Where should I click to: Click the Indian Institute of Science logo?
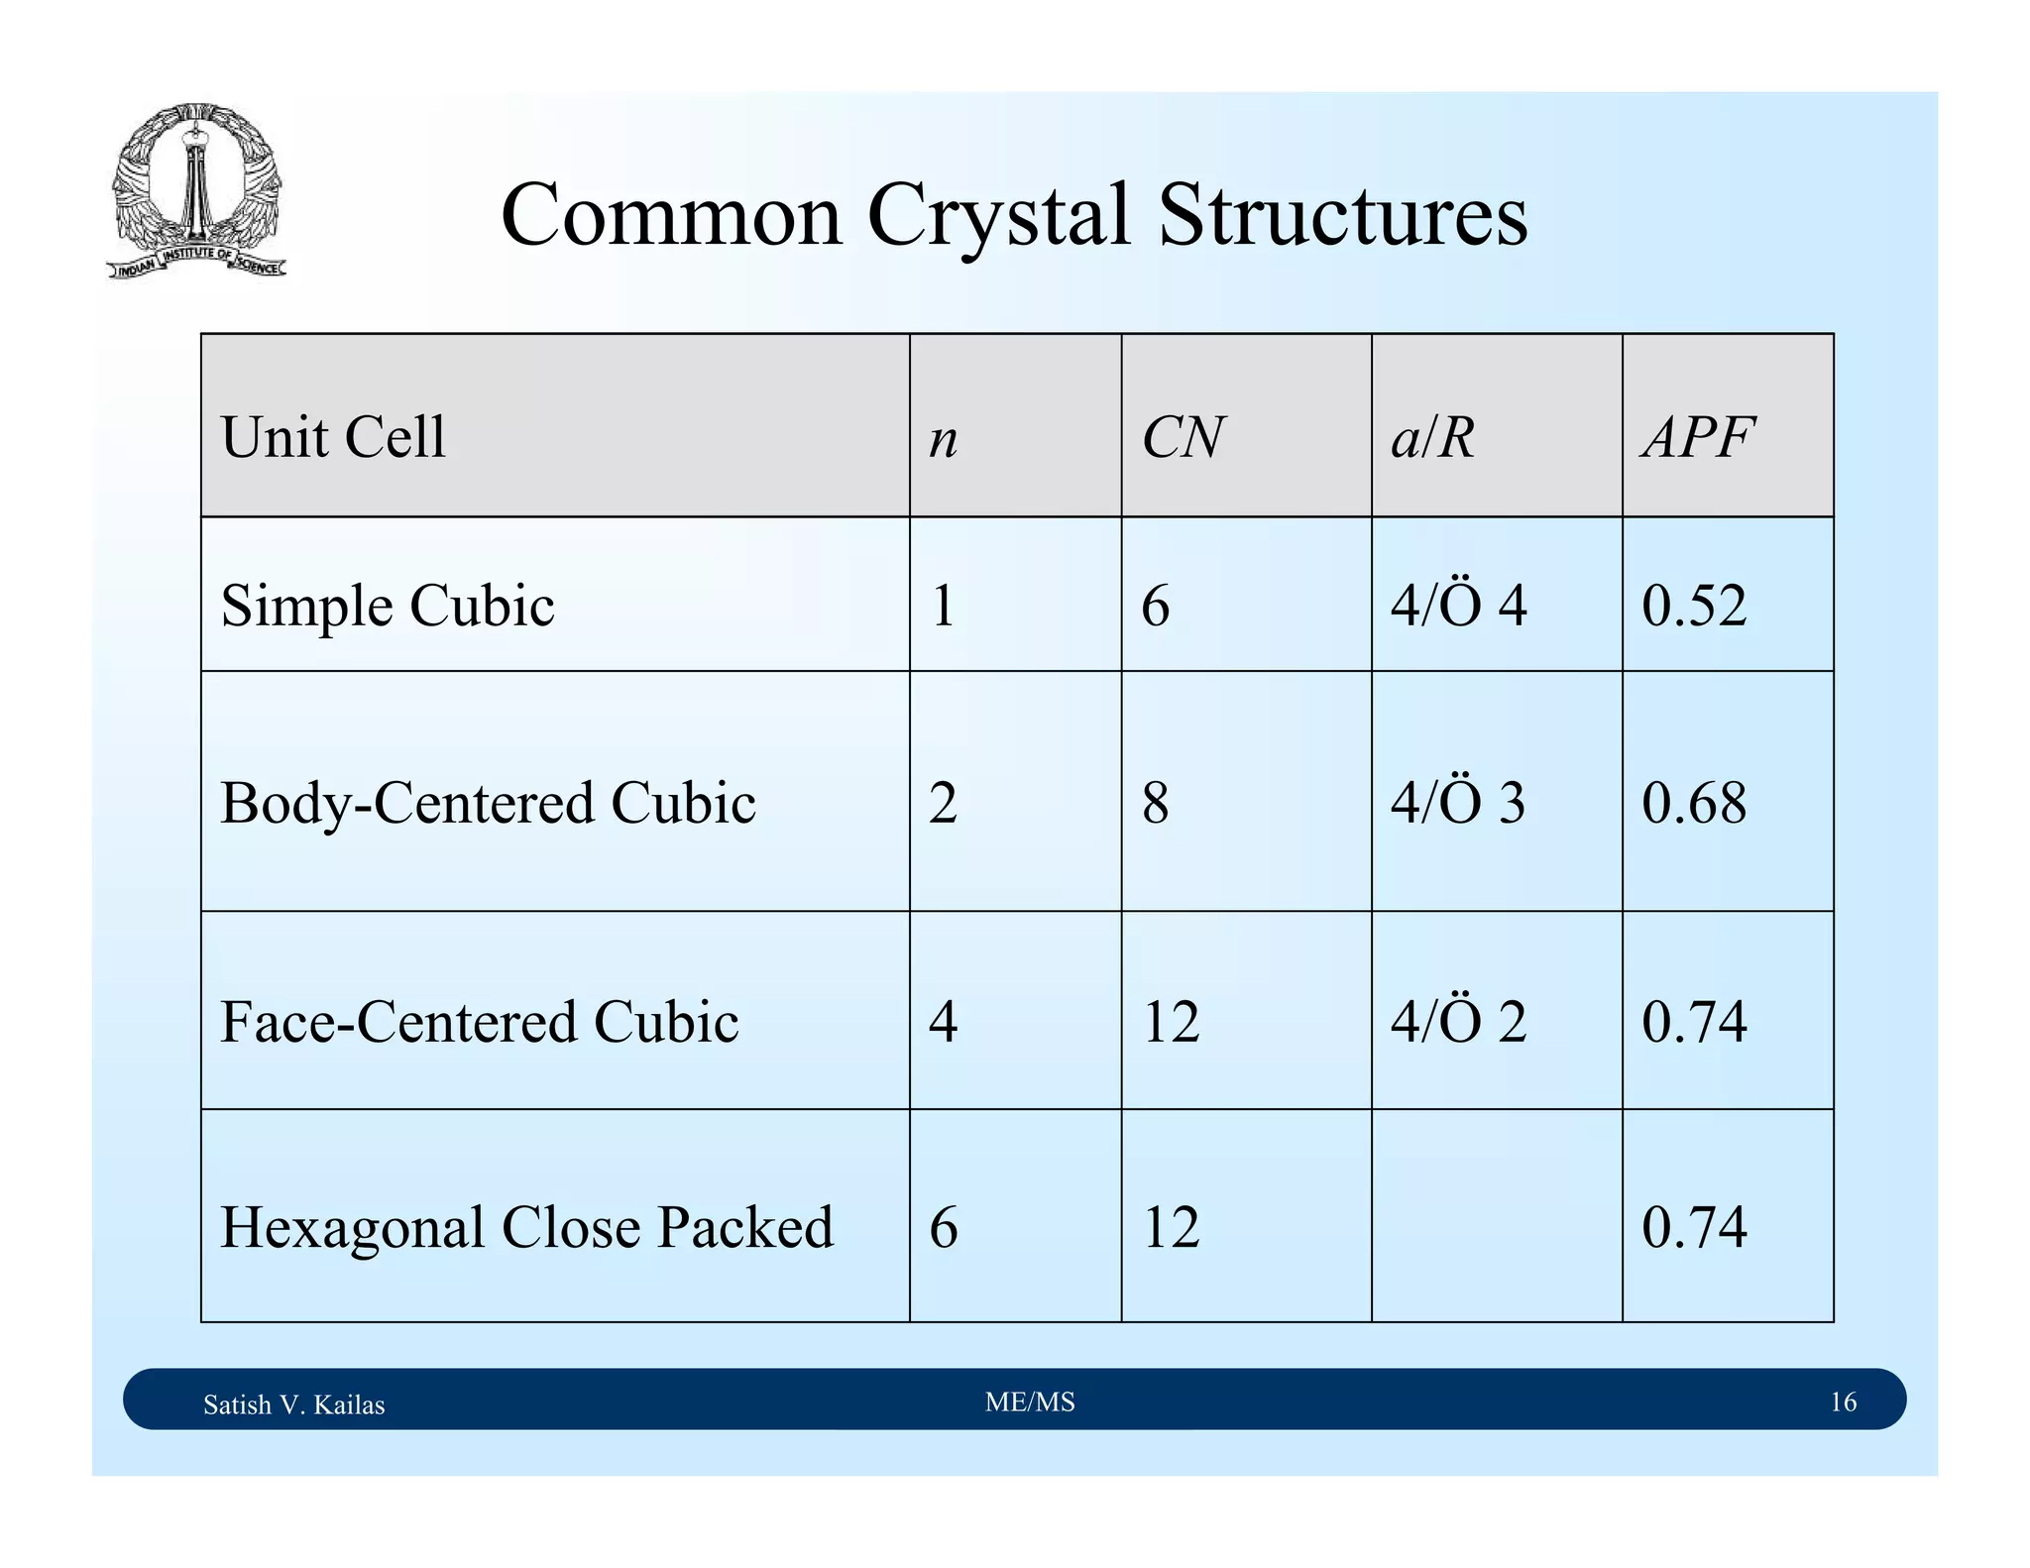click(196, 190)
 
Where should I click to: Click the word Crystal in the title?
click(998, 215)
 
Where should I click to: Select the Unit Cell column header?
click(333, 437)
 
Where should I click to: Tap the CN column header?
click(1183, 437)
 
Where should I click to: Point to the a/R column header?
click(1432, 437)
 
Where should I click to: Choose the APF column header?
click(1698, 437)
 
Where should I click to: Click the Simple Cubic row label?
click(388, 606)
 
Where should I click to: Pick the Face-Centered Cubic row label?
click(479, 1022)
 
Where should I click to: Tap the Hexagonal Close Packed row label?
click(526, 1227)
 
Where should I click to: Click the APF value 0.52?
click(1694, 606)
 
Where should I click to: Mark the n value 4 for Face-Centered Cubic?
click(943, 1022)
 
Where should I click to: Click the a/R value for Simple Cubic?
click(1458, 606)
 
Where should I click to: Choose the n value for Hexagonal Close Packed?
click(943, 1227)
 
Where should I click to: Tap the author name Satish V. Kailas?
click(293, 1404)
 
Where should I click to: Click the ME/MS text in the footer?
click(1030, 1401)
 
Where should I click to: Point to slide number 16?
click(1843, 1401)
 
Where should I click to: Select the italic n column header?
click(943, 439)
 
